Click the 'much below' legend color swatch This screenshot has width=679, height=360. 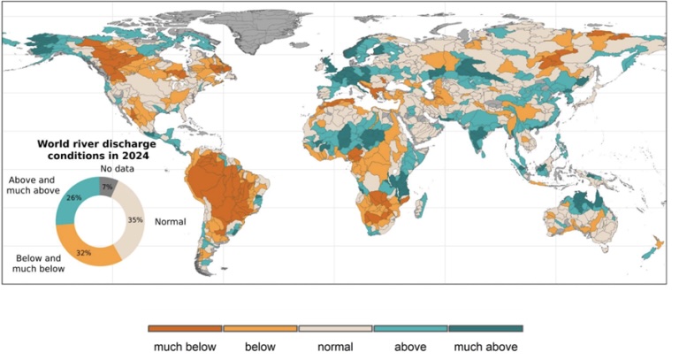pos(185,328)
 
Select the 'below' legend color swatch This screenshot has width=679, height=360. pos(261,328)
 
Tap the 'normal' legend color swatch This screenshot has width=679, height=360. pos(336,328)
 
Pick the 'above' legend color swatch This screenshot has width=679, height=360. pos(411,328)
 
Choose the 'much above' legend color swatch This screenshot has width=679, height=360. pos(484,328)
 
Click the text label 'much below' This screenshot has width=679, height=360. pos(185,347)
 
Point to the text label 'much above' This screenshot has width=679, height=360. pos(484,347)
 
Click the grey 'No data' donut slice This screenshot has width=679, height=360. pos(107,182)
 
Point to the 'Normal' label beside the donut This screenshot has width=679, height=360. pos(170,221)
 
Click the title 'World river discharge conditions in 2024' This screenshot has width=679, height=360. pos(92,148)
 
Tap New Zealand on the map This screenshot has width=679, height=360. pos(652,248)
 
